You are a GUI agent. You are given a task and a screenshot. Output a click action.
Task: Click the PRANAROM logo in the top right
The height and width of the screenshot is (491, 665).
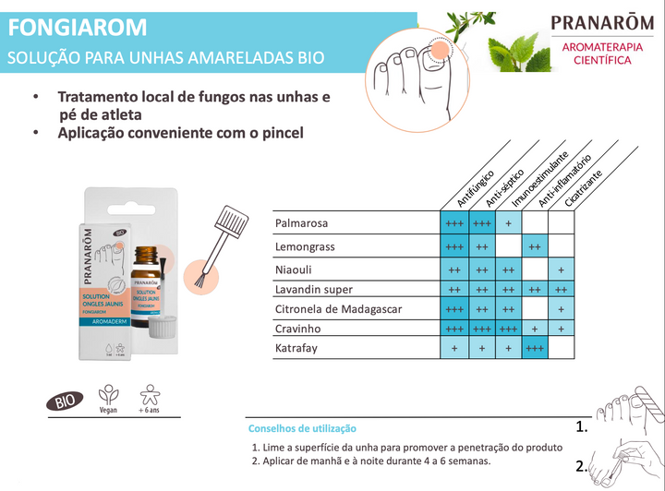[604, 23]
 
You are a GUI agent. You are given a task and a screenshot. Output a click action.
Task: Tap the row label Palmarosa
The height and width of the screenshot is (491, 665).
[301, 223]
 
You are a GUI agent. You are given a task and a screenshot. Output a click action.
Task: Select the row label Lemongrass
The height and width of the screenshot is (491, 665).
[305, 247]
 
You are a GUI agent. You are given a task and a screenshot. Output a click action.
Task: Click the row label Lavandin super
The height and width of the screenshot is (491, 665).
[314, 290]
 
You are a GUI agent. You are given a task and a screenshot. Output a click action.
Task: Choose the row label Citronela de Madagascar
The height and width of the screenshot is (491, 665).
[338, 309]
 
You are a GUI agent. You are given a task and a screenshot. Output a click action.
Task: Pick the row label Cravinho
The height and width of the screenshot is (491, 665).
[297, 329]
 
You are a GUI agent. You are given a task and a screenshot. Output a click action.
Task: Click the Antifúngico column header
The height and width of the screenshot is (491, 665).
[476, 187]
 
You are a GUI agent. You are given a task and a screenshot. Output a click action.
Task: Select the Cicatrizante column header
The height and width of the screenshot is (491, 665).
[583, 187]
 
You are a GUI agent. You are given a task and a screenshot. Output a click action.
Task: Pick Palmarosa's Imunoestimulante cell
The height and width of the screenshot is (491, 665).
[508, 223]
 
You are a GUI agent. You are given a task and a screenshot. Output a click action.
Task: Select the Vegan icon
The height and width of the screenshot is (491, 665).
[109, 398]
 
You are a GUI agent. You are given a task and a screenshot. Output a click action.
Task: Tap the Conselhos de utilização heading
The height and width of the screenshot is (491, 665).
[302, 429]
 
